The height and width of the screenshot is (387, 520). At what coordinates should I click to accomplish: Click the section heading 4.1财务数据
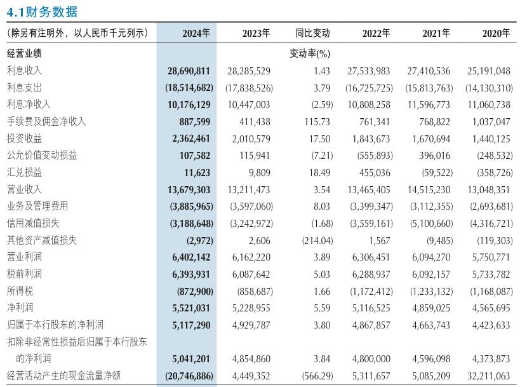pyautogui.click(x=42, y=12)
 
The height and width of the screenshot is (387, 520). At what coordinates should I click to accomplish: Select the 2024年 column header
pyautogui.click(x=196, y=33)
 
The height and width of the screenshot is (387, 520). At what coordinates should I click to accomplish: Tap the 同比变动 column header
pyautogui.click(x=312, y=33)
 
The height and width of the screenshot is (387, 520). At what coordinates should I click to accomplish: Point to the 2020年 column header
pyautogui.click(x=496, y=33)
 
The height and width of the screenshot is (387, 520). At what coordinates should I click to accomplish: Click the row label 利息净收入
pyautogui.click(x=29, y=104)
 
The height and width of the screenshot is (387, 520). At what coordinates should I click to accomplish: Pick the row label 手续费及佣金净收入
pyautogui.click(x=46, y=121)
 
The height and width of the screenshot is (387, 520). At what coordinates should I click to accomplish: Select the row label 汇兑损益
pyautogui.click(x=24, y=172)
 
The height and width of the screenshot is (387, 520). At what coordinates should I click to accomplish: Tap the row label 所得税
pyautogui.click(x=20, y=291)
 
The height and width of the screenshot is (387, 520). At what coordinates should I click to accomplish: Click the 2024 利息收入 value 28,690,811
pyautogui.click(x=189, y=71)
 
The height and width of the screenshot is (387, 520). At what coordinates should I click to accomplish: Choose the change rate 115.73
pyautogui.click(x=317, y=122)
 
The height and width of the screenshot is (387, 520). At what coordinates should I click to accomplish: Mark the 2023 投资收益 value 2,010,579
pyautogui.click(x=251, y=139)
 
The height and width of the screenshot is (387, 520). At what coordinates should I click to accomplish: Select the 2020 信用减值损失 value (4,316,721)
pyautogui.click(x=491, y=224)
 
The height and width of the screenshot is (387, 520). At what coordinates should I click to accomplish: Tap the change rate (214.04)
pyautogui.click(x=317, y=241)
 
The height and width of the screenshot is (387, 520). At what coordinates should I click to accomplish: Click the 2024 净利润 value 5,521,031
pyautogui.click(x=191, y=308)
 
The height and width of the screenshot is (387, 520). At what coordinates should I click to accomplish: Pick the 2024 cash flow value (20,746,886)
pyautogui.click(x=189, y=376)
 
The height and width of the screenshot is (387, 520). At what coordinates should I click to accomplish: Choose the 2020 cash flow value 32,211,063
pyautogui.click(x=488, y=376)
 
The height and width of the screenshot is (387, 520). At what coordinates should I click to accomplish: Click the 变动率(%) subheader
pyautogui.click(x=310, y=53)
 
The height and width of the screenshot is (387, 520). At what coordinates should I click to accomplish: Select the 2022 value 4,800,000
pyautogui.click(x=371, y=359)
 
